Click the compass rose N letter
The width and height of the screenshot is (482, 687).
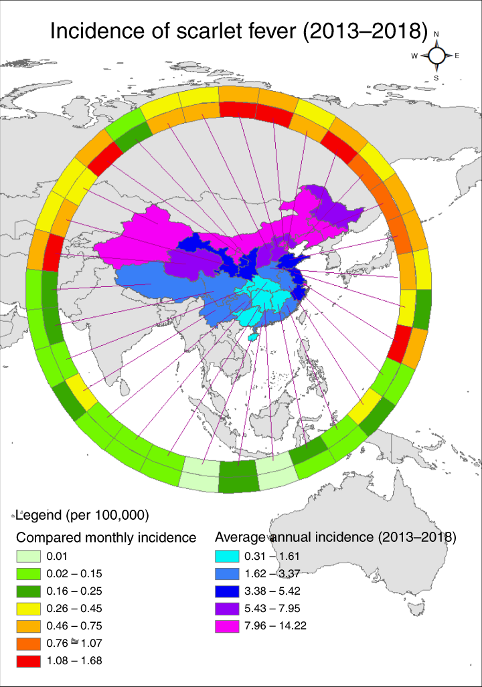click(x=436, y=34)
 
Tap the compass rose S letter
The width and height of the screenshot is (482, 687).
click(x=436, y=78)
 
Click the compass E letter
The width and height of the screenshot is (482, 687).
click(x=457, y=56)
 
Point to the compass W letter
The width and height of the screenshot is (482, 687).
click(x=414, y=56)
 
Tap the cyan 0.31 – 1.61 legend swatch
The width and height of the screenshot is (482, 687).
click(x=227, y=556)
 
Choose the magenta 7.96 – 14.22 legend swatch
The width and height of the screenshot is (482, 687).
click(x=227, y=625)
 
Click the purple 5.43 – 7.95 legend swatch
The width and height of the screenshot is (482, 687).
click(x=227, y=608)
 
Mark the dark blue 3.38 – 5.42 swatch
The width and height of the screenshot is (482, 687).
click(x=227, y=591)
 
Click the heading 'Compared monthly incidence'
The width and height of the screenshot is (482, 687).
click(x=106, y=537)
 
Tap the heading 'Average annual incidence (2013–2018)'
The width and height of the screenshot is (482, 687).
click(x=335, y=537)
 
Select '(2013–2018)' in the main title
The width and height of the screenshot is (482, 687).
click(x=366, y=32)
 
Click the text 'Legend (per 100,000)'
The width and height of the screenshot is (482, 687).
click(x=82, y=515)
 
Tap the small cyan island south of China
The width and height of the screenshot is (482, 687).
click(x=251, y=338)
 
